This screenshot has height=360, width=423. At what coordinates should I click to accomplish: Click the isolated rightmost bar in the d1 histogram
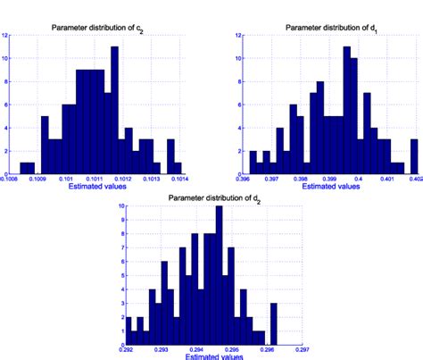pyautogui.click(x=414, y=156)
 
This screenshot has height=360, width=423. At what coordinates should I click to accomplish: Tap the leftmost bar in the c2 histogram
pyautogui.click(x=27, y=168)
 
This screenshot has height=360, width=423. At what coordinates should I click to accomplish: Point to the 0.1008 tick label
pyautogui.click(x=12, y=178)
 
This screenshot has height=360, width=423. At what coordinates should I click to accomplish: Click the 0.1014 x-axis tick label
pyautogui.click(x=180, y=178)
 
